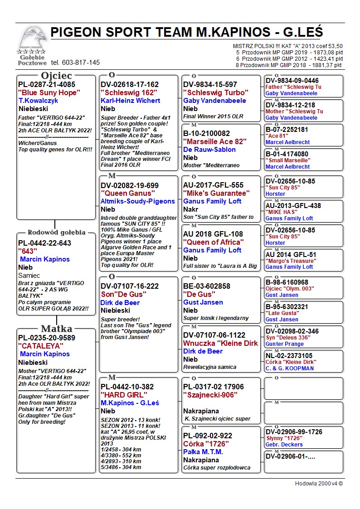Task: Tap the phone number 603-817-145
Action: (x=75, y=63)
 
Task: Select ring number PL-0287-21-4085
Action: (x=47, y=84)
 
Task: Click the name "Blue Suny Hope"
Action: (x=49, y=92)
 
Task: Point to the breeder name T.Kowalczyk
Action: (x=39, y=101)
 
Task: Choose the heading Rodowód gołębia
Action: (x=57, y=233)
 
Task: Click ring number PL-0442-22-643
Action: (x=44, y=243)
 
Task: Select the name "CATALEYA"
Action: (x=41, y=346)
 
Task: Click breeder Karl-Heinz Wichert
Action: (x=131, y=101)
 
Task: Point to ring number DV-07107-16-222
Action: (x=130, y=286)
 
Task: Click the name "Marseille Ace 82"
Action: (x=214, y=141)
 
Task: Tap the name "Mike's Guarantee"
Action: (x=216, y=193)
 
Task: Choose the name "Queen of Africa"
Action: (x=214, y=242)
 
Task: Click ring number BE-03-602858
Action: (x=207, y=286)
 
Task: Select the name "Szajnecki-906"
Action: (x=210, y=395)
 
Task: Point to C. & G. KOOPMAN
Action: (x=289, y=368)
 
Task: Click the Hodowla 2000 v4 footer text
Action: (x=319, y=484)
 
